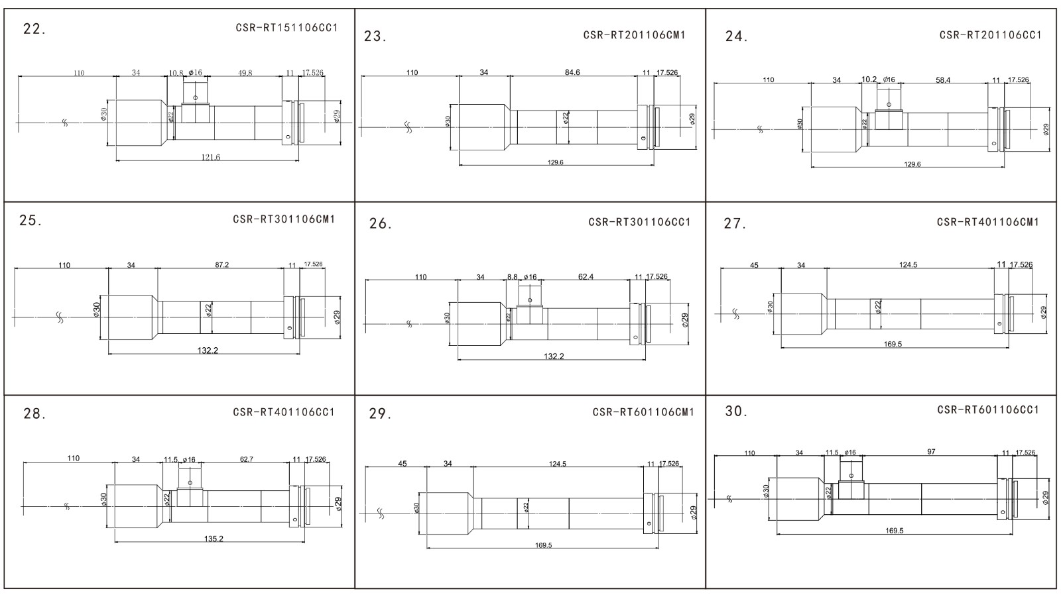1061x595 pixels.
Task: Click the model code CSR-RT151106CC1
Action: pos(286,28)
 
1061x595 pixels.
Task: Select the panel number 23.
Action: pos(375,36)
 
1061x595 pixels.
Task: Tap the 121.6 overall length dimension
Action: pos(210,157)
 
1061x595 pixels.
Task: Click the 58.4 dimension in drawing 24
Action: pos(942,80)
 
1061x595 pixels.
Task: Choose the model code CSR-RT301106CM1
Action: pos(284,219)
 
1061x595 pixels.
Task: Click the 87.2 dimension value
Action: pos(222,265)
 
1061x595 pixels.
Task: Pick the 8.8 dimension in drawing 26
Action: pos(512,277)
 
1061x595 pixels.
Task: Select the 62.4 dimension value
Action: pos(586,277)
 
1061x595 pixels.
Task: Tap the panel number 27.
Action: pos(735,224)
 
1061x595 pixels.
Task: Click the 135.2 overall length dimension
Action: pos(214,539)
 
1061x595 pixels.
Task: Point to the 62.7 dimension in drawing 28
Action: pos(247,459)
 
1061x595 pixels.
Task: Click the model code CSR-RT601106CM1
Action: pos(643,412)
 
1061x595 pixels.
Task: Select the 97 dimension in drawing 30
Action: pos(931,451)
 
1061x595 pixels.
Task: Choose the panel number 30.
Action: pos(736,411)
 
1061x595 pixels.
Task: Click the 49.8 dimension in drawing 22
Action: pos(245,73)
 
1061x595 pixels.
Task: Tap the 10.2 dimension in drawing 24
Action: pos(869,80)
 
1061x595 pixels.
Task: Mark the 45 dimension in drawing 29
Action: pos(403,464)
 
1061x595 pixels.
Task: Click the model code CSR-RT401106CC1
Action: pos(284,412)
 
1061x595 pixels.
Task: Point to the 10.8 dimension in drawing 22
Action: pos(176,73)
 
